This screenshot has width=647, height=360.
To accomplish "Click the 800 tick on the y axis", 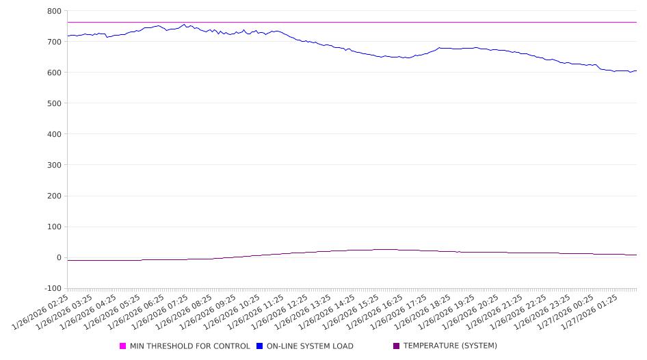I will point(53,11).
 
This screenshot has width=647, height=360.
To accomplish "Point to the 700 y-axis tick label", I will point(53,42).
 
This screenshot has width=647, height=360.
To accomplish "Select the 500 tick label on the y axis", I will point(53,103).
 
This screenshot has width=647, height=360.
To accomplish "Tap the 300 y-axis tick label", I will point(53,165).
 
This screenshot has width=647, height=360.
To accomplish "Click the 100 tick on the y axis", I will point(53,227).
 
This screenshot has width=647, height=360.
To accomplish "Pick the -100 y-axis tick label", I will point(51,289).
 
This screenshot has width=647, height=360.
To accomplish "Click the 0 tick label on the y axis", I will point(59,258).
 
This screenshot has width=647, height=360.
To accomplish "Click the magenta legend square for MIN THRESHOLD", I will point(123,346).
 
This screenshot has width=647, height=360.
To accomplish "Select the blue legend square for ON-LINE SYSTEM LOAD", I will point(259,346).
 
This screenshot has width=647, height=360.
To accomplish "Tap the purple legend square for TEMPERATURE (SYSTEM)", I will point(396,346).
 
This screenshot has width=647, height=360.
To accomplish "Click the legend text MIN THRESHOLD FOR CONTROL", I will point(189,346).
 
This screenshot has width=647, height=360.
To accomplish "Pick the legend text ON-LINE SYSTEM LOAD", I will point(310,346).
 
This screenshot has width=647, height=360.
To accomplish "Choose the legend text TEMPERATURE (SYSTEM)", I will point(450,346).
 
